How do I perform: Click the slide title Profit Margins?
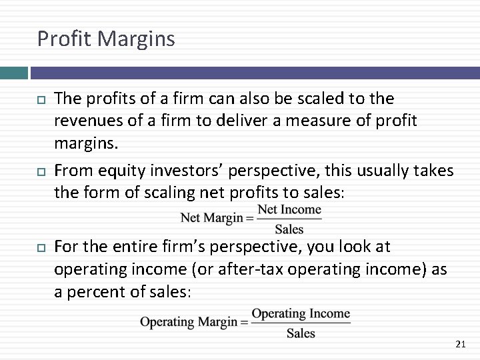[106, 39]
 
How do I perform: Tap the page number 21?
[460, 344]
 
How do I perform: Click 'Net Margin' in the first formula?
[212, 218]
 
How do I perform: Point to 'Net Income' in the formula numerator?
[289, 209]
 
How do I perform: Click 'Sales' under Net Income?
[289, 229]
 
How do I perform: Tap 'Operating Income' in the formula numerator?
[301, 313]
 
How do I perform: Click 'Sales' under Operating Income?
[301, 333]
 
